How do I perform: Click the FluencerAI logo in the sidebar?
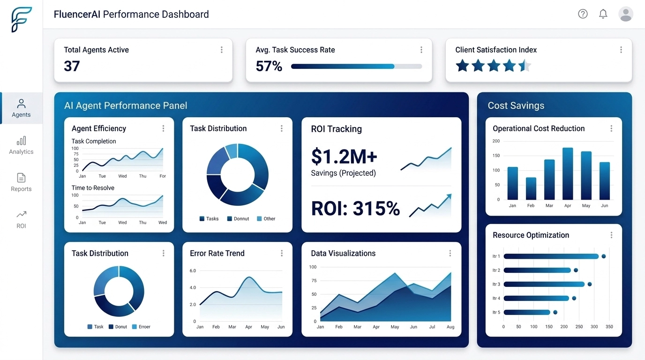[x=22, y=20]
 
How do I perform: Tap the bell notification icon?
[x=603, y=14]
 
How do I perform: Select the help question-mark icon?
[x=583, y=14]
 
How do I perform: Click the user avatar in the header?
[x=626, y=14]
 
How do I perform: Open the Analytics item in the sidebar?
[x=21, y=145]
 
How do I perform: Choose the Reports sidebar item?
[x=21, y=182]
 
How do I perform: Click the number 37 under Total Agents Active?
[x=72, y=66]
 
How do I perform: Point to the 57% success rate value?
[x=269, y=67]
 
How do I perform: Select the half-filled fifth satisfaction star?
[x=525, y=66]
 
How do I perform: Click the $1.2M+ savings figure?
[x=344, y=157]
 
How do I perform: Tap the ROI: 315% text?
[x=355, y=209]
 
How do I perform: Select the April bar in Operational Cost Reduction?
[x=568, y=173]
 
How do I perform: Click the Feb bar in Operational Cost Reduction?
[x=531, y=188]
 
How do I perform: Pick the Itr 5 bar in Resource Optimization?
[x=526, y=312]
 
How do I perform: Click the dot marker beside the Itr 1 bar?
[x=604, y=256]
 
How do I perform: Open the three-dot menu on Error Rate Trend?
[x=282, y=253]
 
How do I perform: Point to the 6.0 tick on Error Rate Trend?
[x=193, y=271]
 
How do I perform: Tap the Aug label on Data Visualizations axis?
[x=450, y=327]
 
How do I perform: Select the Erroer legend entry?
[x=141, y=327]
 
